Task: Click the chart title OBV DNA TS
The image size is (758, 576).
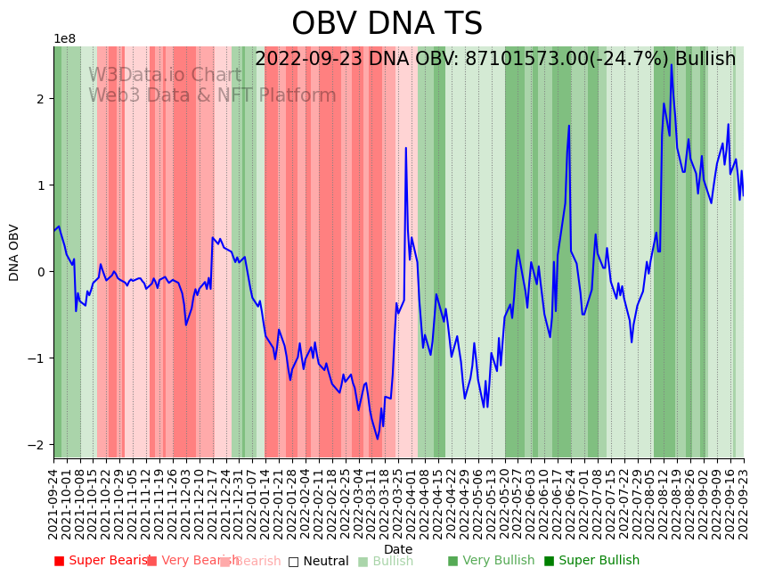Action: [387, 24]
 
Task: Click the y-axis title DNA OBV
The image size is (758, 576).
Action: [14, 252]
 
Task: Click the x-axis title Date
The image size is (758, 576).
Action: [398, 550]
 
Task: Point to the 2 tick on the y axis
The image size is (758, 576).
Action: [40, 99]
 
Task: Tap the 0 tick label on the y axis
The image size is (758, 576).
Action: [40, 272]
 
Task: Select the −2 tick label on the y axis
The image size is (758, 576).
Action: [37, 445]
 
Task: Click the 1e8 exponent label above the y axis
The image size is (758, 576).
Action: [65, 39]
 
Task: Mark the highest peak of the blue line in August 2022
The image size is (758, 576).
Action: [672, 63]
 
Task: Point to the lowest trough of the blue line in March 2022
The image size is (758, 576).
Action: [377, 439]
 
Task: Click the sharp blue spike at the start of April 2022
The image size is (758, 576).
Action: [406, 148]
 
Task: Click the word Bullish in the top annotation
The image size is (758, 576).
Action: [705, 60]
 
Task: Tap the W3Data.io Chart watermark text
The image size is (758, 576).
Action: [164, 76]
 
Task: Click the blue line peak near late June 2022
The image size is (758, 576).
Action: [569, 126]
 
